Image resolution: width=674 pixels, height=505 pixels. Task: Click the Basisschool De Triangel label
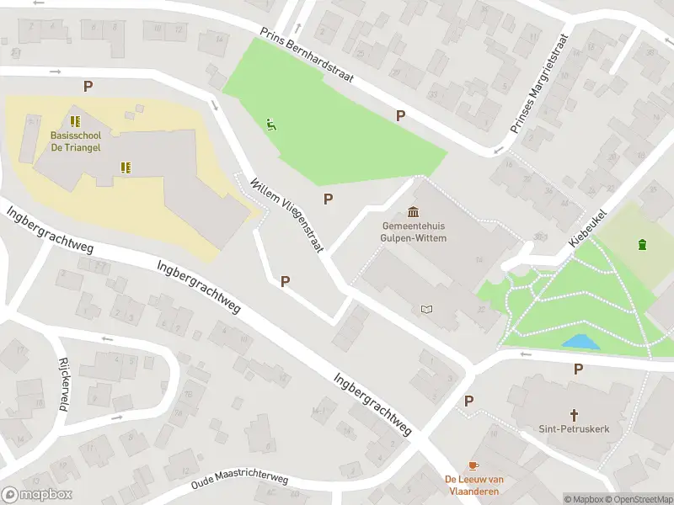coord(75,141)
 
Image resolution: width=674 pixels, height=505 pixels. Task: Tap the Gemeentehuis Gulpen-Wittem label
coord(414,232)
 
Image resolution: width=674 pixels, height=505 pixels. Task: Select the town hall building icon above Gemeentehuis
coord(414,211)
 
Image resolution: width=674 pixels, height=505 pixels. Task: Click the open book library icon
coord(426,310)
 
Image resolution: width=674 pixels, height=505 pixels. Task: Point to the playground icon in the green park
coord(270,125)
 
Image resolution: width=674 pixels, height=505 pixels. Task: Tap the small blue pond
coord(581,342)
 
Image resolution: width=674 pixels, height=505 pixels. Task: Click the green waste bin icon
coord(643,245)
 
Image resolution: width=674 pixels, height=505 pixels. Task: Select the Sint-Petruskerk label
coord(574,428)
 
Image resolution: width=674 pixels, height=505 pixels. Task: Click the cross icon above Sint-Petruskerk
coord(575,414)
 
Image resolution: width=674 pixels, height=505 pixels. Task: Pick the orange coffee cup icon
coord(473,465)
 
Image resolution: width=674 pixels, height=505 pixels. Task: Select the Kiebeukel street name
coord(587,227)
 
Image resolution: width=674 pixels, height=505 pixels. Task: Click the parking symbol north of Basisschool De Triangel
coord(87,86)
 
